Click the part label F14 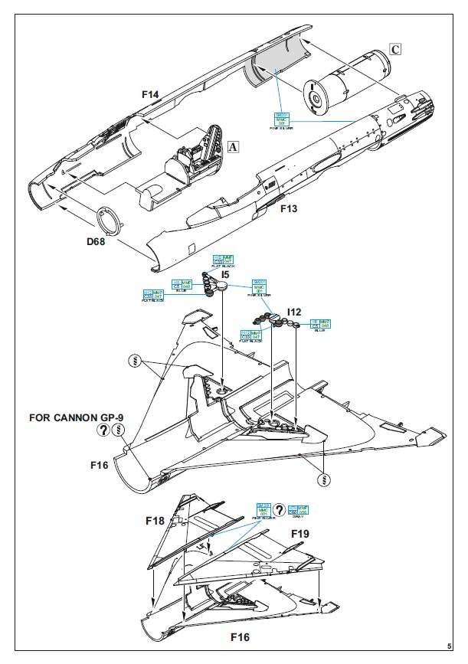point(150,94)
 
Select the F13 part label point(289,208)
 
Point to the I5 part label point(226,273)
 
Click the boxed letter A point(234,147)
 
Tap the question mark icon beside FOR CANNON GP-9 point(102,430)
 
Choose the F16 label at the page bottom point(242,636)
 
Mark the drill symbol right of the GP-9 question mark point(118,430)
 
